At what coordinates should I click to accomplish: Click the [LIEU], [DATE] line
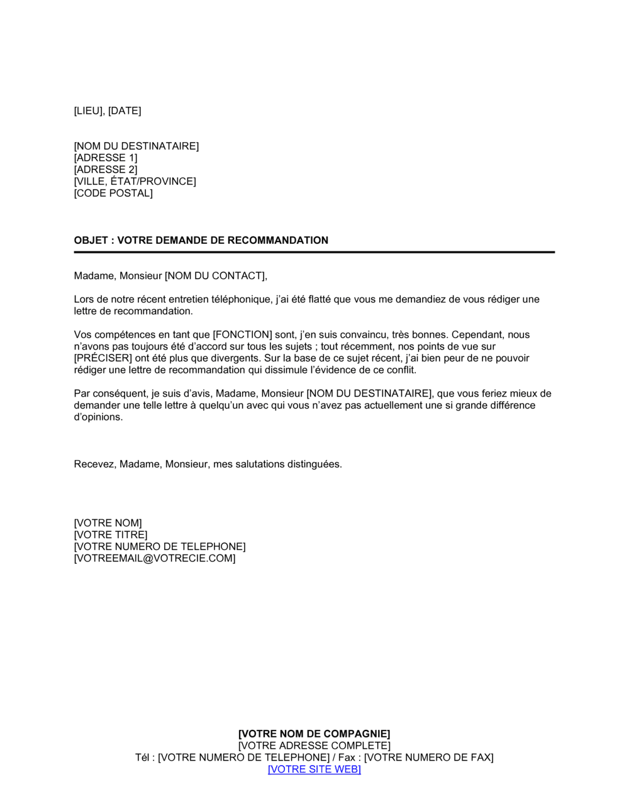[108, 111]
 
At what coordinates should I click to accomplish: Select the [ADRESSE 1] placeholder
[106, 158]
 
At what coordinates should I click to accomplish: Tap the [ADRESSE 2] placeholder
[106, 170]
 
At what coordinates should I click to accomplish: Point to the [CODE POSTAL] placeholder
[113, 193]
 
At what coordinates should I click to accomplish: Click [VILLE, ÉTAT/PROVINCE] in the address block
[135, 182]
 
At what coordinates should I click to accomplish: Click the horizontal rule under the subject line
[314, 252]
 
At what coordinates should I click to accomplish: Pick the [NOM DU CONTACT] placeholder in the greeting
[216, 276]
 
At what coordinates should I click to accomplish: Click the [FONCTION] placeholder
[243, 335]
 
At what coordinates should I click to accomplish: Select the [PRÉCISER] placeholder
[103, 358]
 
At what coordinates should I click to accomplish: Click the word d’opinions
[98, 417]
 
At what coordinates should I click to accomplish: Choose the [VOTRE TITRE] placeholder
[111, 535]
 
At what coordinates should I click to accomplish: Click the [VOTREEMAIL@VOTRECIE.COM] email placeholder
[155, 558]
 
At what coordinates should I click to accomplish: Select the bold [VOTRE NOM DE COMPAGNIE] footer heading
[314, 734]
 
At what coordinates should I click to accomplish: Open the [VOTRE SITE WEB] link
[314, 770]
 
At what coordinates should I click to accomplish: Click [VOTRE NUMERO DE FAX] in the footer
[429, 758]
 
